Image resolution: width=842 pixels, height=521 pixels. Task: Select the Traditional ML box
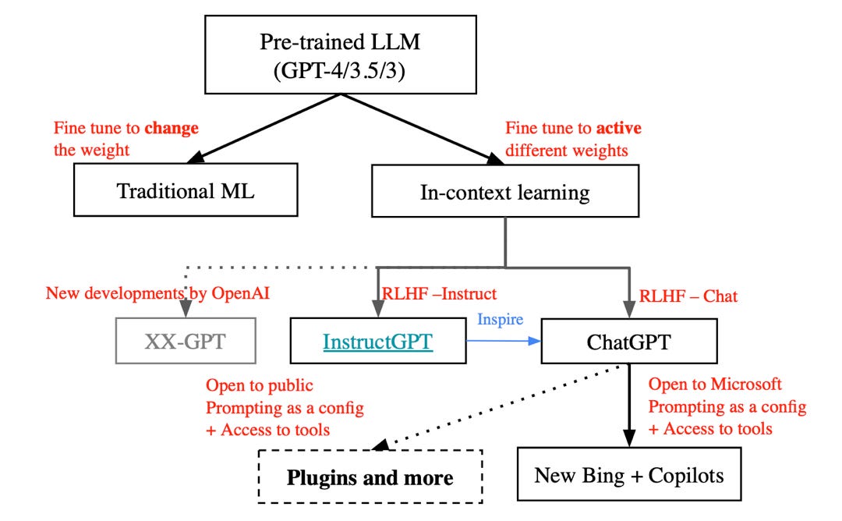click(x=186, y=190)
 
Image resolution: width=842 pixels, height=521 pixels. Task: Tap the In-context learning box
click(x=505, y=190)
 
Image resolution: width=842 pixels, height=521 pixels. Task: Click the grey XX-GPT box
click(x=185, y=342)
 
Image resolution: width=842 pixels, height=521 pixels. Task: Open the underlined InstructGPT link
click(x=377, y=342)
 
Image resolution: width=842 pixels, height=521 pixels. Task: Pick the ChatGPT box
click(x=629, y=342)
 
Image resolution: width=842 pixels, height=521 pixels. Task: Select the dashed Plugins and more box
click(x=370, y=477)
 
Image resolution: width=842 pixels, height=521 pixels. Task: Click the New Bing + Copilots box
click(x=628, y=475)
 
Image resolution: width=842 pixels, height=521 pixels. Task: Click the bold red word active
click(x=616, y=128)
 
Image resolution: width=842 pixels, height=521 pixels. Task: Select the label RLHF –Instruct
click(x=439, y=294)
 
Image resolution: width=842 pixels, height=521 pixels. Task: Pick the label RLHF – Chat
click(x=688, y=296)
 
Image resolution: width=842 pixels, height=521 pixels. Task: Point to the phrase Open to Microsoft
click(x=715, y=385)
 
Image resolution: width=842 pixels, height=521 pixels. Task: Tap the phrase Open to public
click(x=260, y=385)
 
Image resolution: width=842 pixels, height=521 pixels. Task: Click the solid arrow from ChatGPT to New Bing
click(x=628, y=406)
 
